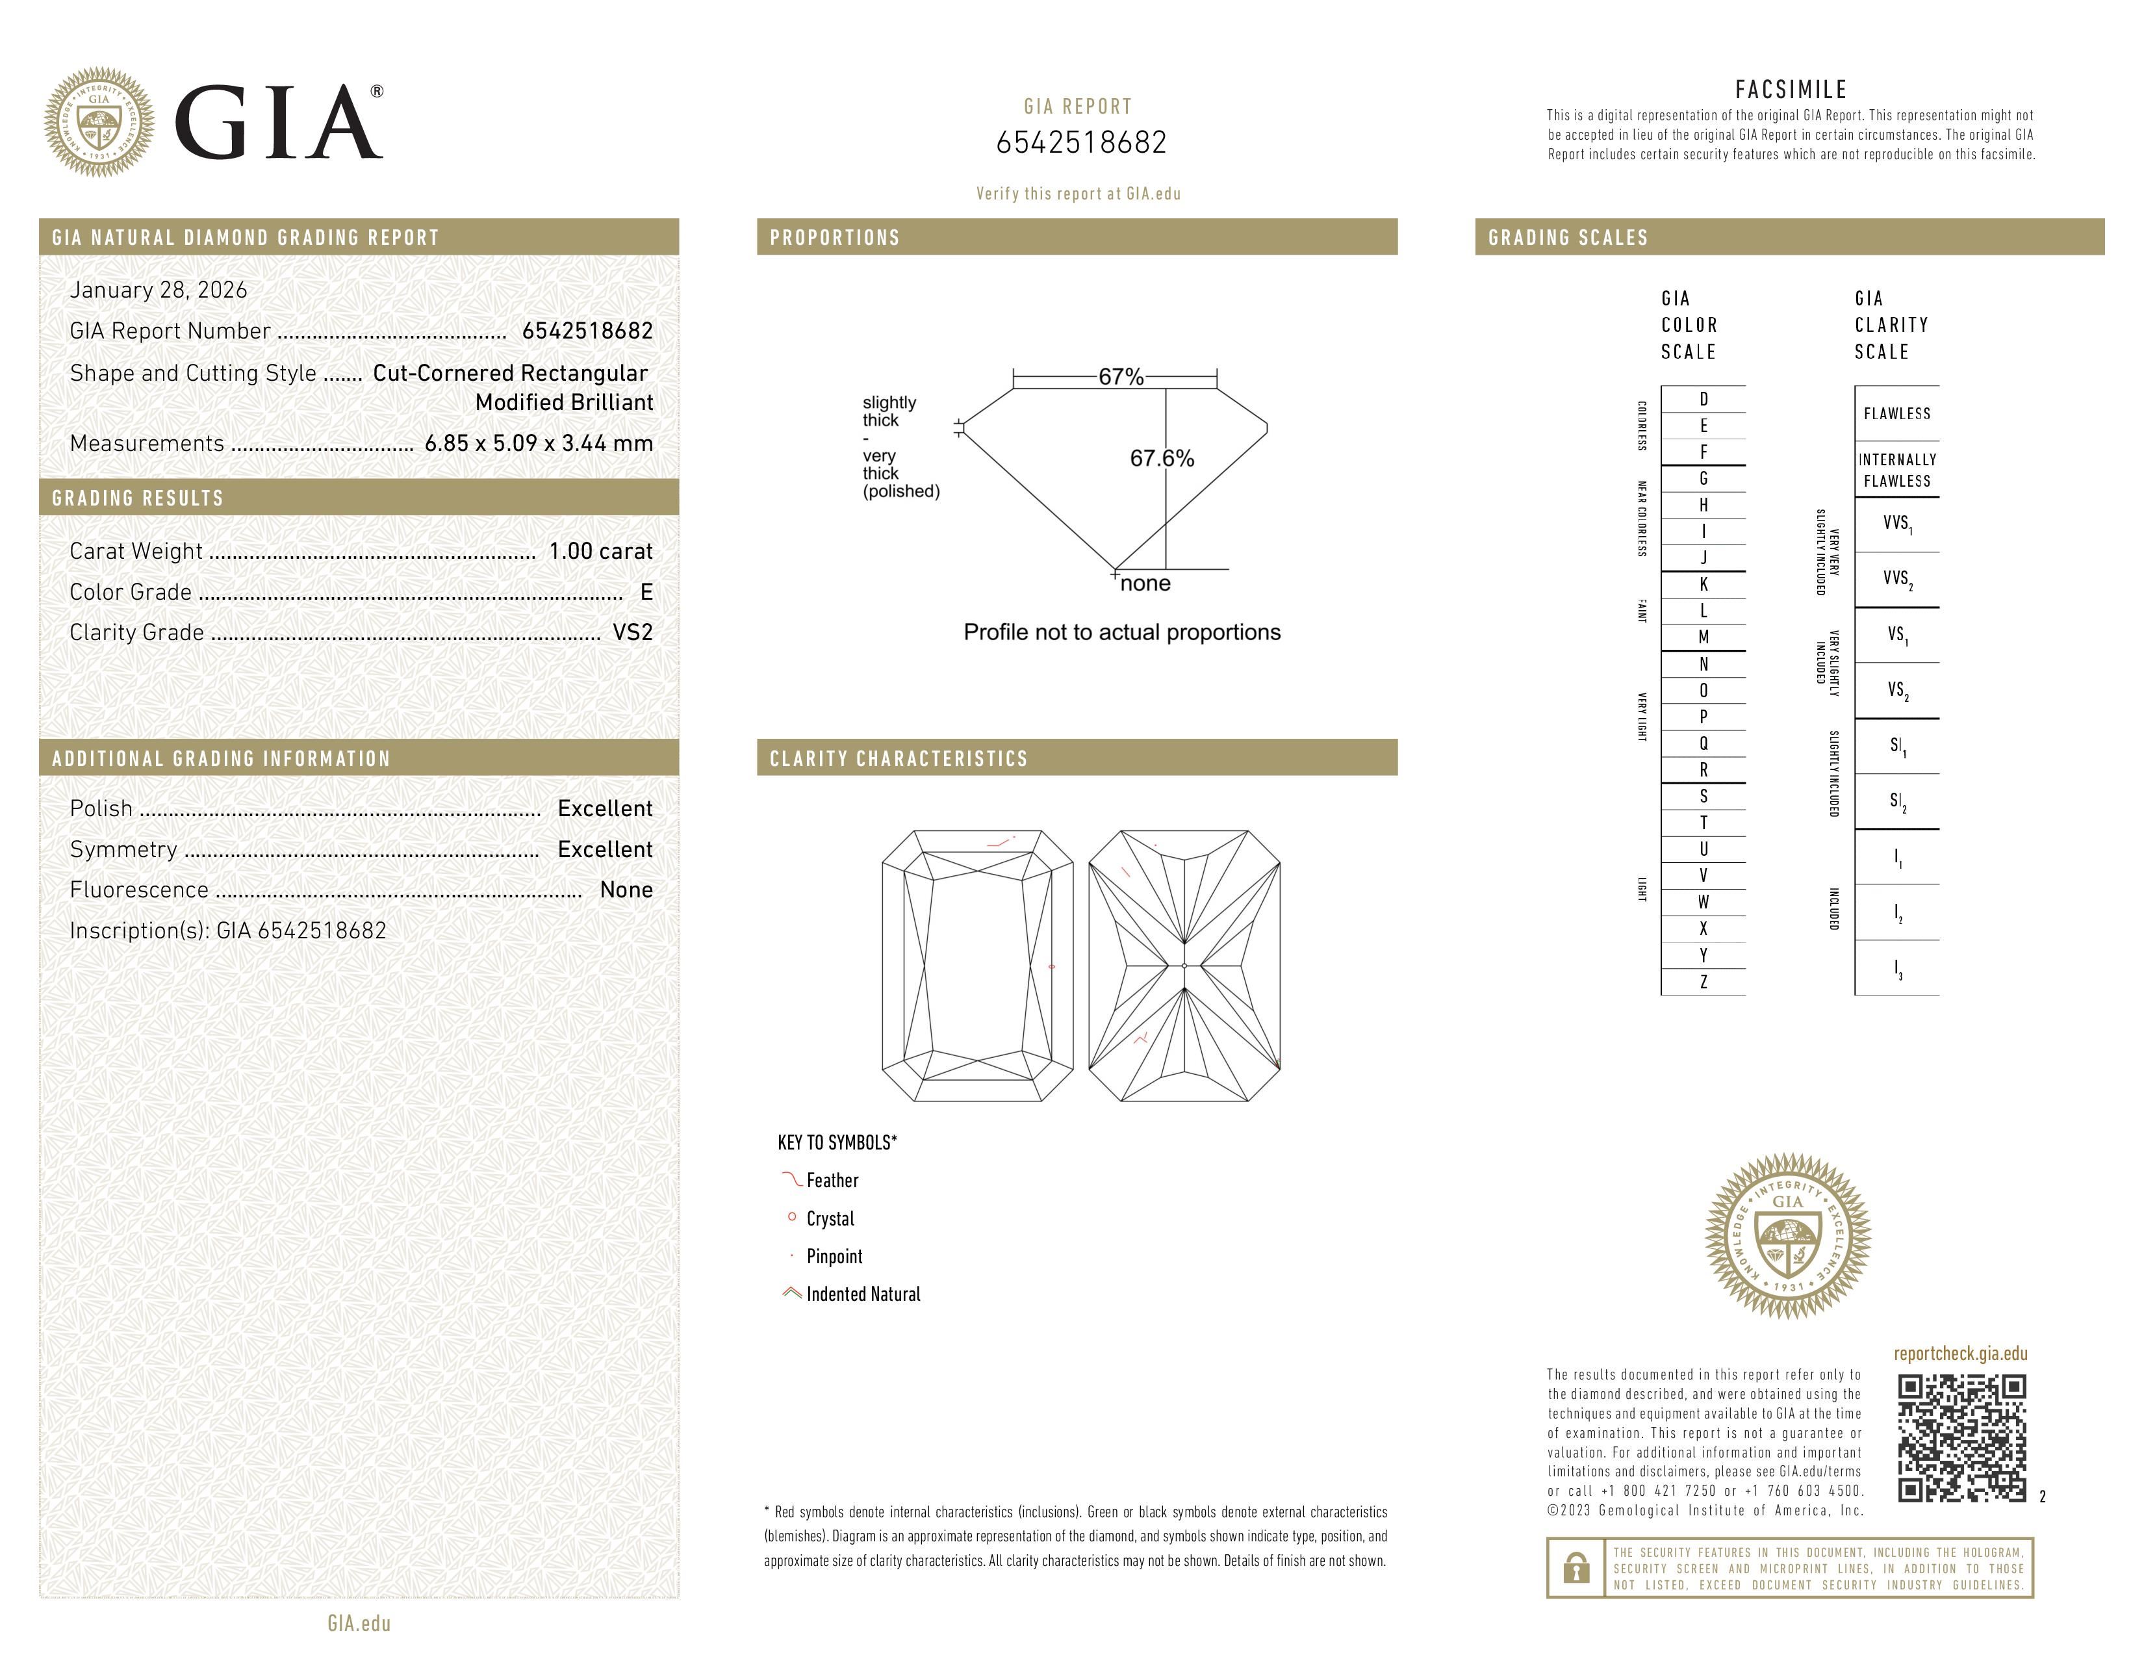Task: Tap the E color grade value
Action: pyautogui.click(x=646, y=592)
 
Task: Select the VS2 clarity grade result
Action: pyautogui.click(x=632, y=632)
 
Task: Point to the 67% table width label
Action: pyautogui.click(x=1120, y=377)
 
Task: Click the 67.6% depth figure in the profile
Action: pyautogui.click(x=1162, y=458)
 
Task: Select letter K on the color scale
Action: pyautogui.click(x=1704, y=584)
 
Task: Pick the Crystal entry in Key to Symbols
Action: pyautogui.click(x=830, y=1218)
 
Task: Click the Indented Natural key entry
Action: pyautogui.click(x=862, y=1294)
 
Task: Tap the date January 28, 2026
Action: pyautogui.click(x=158, y=290)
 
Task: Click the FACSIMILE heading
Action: pyautogui.click(x=1791, y=89)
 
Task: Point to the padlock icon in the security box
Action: pyautogui.click(x=1576, y=1568)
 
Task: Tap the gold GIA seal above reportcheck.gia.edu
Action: pyautogui.click(x=1788, y=1236)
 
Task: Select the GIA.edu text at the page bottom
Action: pyautogui.click(x=359, y=1623)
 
